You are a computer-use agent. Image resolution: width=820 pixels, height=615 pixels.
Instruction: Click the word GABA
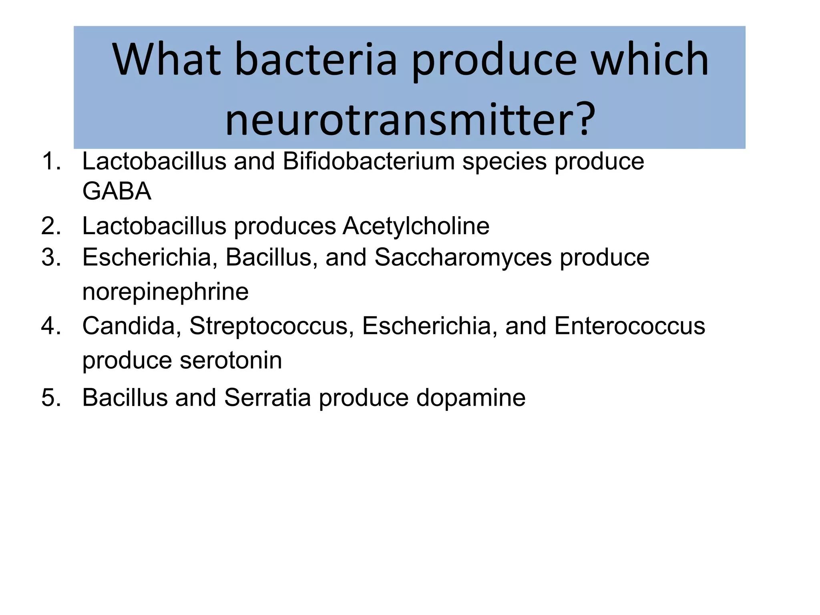(x=117, y=191)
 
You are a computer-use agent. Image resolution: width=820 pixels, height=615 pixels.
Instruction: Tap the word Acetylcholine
(x=416, y=226)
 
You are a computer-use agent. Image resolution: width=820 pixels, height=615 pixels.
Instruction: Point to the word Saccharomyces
(x=463, y=257)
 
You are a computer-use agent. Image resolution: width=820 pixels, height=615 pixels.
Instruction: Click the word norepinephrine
(x=165, y=291)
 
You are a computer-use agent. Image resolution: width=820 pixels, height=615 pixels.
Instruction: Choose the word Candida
(x=129, y=326)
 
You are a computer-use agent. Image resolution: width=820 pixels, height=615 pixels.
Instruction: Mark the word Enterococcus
(x=629, y=326)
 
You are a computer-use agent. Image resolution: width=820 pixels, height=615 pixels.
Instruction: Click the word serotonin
(x=231, y=360)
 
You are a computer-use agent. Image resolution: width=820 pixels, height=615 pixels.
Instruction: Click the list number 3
(x=51, y=257)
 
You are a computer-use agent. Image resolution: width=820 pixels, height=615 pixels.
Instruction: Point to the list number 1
(x=51, y=161)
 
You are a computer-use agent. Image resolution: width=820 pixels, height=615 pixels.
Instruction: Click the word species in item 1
(x=504, y=161)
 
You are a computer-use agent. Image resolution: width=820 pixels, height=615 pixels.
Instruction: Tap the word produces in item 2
(x=285, y=226)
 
